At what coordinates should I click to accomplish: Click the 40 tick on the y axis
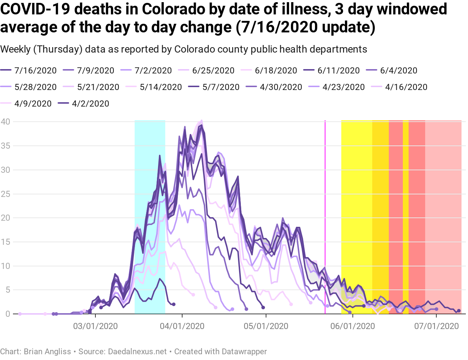coord(5,122)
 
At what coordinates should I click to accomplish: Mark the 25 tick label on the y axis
coord(5,194)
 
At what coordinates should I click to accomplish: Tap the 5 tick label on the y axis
coord(8,290)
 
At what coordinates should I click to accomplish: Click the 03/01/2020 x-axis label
coord(95,326)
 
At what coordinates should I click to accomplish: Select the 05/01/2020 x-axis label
coord(266,326)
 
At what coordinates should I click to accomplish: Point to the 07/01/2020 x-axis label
coord(436,326)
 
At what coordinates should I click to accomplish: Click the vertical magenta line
coord(325,216)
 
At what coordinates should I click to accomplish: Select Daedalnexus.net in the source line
coord(137,351)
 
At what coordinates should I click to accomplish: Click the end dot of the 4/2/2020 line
coord(174,305)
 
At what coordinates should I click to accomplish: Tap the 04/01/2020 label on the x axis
coord(182,326)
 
